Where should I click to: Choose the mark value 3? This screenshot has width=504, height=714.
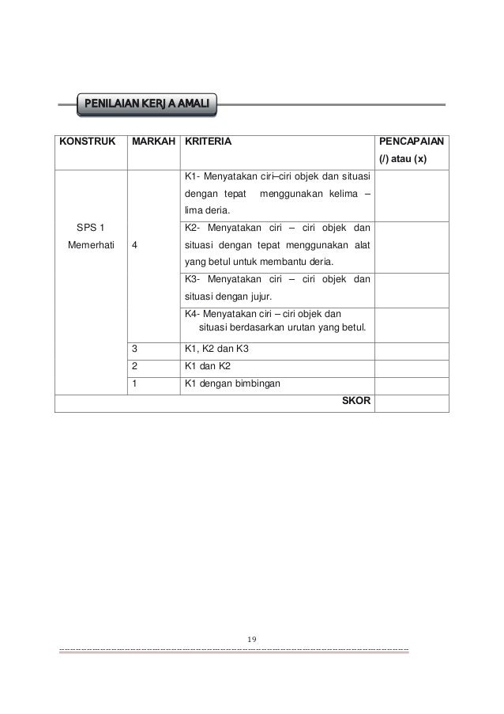click(135, 347)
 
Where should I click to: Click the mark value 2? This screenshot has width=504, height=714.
click(135, 366)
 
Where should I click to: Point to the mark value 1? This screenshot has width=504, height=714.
click(135, 385)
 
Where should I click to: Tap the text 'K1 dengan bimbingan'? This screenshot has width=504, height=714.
click(232, 385)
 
